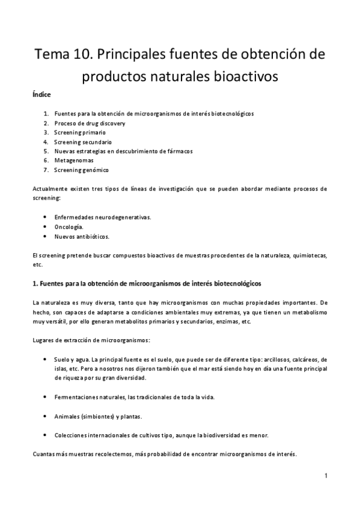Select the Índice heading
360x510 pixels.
point(41,95)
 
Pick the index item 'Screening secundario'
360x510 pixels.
point(82,142)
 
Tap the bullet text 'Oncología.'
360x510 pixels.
point(69,227)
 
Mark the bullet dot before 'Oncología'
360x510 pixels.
point(47,227)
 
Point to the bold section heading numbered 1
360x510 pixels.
point(147,283)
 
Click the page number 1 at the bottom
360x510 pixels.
point(326,476)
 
